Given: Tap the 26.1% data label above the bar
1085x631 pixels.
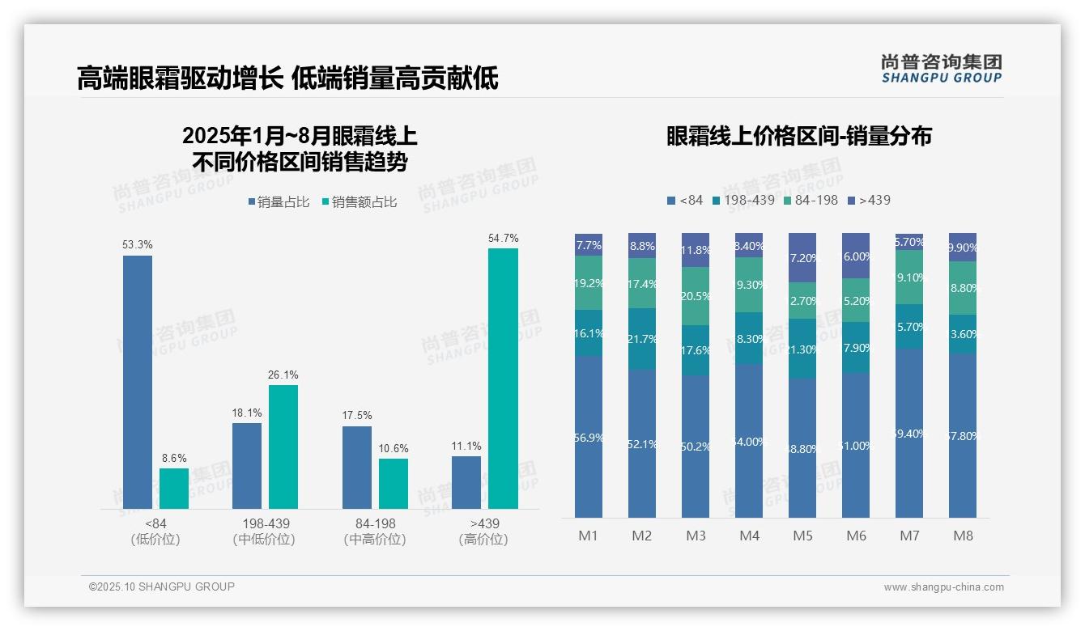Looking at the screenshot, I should coord(283,375).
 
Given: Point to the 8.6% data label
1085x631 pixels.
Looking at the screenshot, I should coord(174,459).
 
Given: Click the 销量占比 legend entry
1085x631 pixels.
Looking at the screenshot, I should coord(279,202).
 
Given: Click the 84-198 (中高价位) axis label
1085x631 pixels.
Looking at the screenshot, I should coord(374,531).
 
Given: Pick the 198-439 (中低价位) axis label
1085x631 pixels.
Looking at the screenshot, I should coord(265,531).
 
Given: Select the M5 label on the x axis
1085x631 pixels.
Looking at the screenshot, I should coord(802,536).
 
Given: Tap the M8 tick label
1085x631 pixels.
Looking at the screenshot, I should coord(963,536).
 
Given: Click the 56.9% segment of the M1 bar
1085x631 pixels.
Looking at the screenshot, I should coord(589,437).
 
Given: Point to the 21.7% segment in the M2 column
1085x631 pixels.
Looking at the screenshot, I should coord(642,339).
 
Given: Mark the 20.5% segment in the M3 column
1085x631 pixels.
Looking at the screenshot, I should coord(696,296).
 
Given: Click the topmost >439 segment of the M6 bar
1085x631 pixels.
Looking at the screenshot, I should coord(856,256).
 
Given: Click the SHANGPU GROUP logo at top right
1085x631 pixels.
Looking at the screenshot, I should coord(941,69).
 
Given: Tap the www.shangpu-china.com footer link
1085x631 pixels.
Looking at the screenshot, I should coord(943,587).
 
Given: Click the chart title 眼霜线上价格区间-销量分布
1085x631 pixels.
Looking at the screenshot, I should coord(799,136).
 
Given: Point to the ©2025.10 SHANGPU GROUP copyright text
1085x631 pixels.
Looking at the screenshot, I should coord(162,587).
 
